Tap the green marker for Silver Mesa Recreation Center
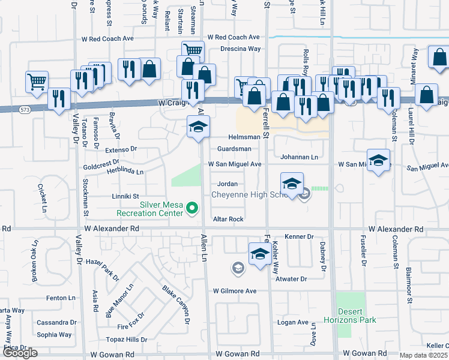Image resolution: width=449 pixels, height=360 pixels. (192, 208)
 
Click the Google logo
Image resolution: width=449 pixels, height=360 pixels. (19, 353)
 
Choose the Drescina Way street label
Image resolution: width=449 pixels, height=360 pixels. (240, 49)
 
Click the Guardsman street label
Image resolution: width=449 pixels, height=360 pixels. (234, 148)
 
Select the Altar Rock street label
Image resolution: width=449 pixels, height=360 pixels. (228, 220)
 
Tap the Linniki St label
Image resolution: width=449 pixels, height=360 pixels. (125, 196)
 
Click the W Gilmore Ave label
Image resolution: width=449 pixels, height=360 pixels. (235, 291)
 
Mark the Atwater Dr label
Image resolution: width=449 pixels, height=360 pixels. (291, 279)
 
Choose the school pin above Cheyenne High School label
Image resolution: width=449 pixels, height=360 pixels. (292, 184)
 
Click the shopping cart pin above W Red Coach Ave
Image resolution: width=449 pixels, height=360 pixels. (194, 51)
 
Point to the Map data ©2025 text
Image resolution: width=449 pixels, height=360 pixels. (424, 355)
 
